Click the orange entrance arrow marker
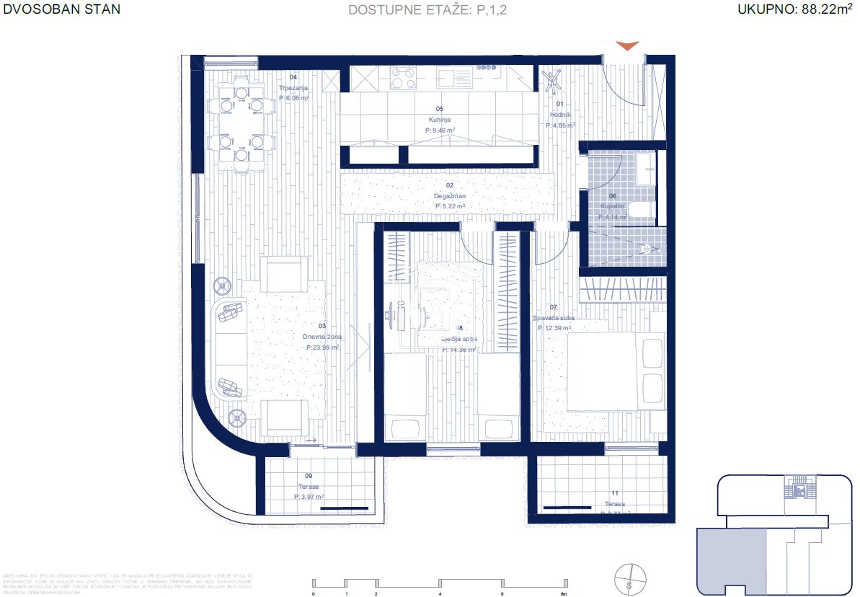tap(627, 45)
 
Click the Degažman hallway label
tap(450, 196)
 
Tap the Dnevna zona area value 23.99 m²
tap(322, 347)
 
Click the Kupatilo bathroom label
tap(613, 207)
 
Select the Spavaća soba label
tap(554, 318)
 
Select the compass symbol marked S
tap(629, 577)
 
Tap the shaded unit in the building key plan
tap(730, 558)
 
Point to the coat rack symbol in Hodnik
tap(554, 81)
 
